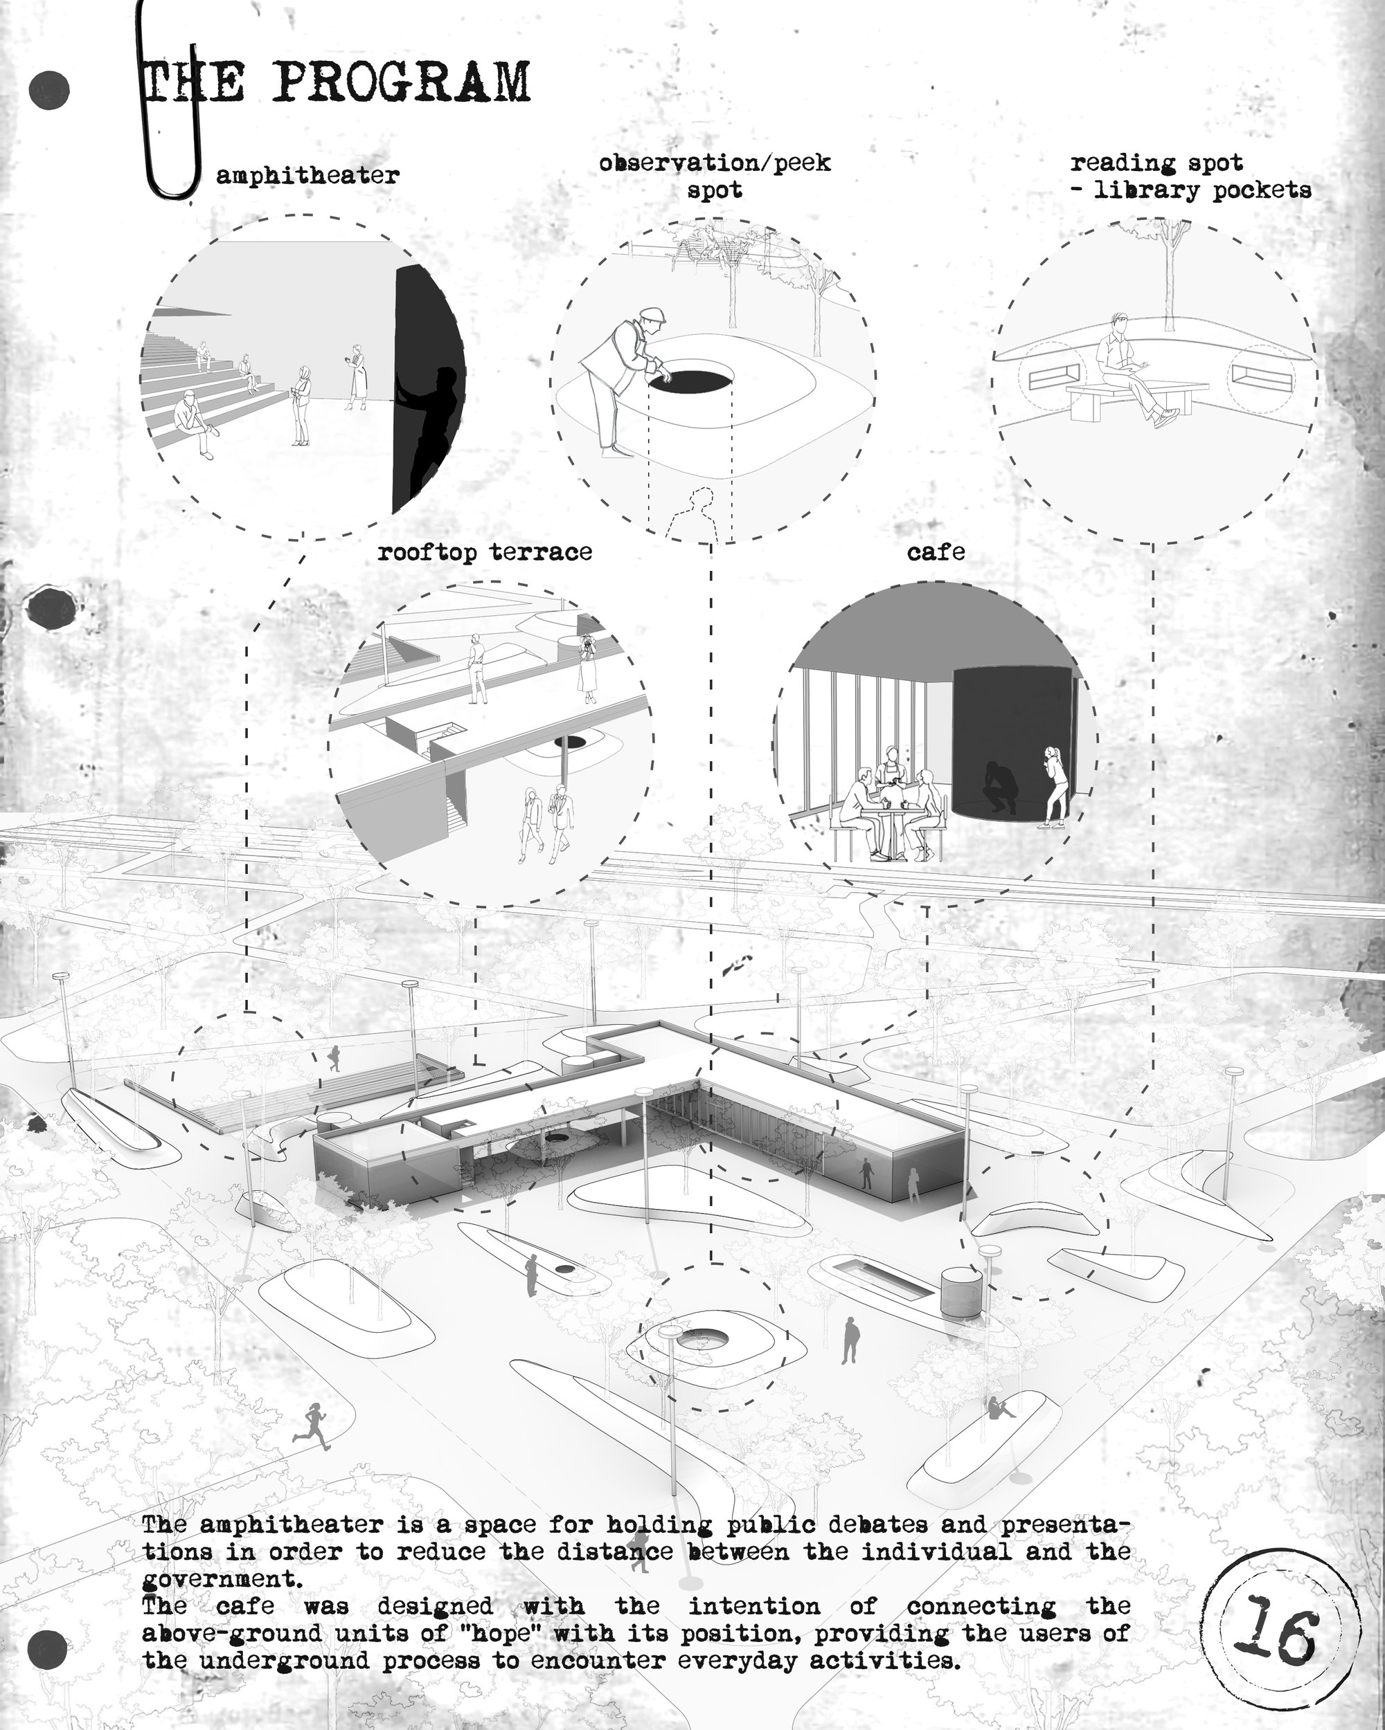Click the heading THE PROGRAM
337,82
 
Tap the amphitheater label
307,175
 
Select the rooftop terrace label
485,552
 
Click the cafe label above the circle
936,552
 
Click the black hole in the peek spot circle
691,379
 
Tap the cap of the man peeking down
650,315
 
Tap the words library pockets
1200,191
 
